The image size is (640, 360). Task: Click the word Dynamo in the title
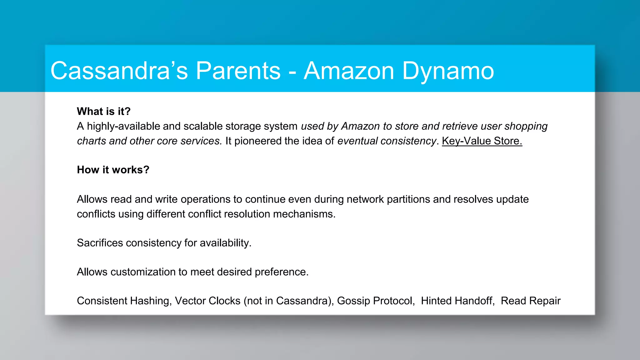tap(448, 71)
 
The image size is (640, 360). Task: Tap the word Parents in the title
tap(238, 71)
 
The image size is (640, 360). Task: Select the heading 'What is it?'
tap(103, 112)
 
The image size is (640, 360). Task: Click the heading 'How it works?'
tap(113, 170)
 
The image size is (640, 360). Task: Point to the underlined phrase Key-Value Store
tap(482, 141)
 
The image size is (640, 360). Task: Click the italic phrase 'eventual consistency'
tap(386, 141)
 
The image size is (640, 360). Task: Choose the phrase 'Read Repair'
tap(530, 301)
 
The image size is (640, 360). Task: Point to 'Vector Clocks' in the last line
tap(207, 301)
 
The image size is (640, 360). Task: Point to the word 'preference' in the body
tap(281, 272)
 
